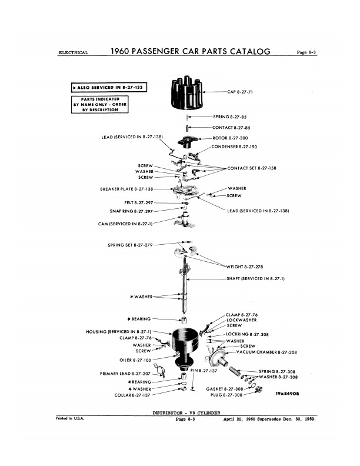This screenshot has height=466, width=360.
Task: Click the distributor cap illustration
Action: [186, 93]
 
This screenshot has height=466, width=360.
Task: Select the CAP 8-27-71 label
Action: [240, 92]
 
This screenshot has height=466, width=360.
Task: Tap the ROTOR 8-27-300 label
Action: [230, 138]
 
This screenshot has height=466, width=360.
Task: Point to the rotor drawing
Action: [186, 142]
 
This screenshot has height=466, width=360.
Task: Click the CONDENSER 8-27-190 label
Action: [234, 147]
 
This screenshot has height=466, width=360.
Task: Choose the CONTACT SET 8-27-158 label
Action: [252, 168]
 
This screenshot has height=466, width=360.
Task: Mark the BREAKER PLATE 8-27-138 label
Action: [126, 189]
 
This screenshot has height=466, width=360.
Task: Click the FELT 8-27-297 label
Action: [139, 202]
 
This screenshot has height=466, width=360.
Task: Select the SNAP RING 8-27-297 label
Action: [131, 211]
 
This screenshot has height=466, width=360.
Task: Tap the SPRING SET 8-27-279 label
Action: [130, 245]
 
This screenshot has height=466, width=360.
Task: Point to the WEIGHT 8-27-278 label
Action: [245, 267]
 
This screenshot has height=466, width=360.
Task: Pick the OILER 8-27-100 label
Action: [135, 360]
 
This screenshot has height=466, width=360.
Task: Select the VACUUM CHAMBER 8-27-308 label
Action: [266, 352]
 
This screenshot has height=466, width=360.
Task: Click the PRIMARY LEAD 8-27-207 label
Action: [125, 374]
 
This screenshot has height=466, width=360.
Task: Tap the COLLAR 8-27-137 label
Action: [132, 395]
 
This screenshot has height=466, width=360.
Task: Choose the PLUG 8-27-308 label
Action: [226, 395]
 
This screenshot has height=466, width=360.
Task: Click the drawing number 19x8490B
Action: [287, 394]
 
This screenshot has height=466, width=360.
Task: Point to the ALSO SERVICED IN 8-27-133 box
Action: [109, 88]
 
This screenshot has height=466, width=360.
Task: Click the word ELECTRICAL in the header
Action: [74, 53]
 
